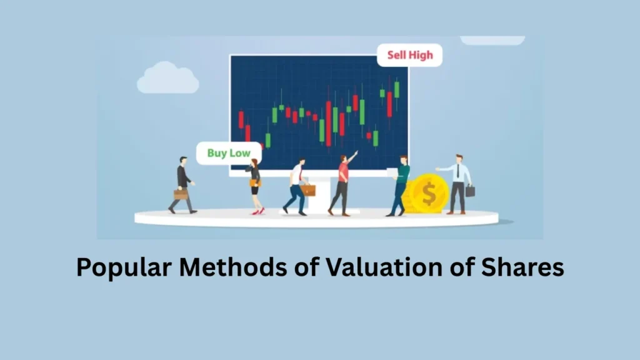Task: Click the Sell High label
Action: pos(409,55)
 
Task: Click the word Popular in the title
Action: pos(123,267)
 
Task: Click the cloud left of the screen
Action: pos(167,79)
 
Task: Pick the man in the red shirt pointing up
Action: pos(341,184)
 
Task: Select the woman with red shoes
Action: pos(255,185)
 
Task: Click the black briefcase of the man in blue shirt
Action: pos(470,191)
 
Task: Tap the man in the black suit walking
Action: pos(183,184)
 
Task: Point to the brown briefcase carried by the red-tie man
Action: pos(308,190)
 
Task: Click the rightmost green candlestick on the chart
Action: pos(396,89)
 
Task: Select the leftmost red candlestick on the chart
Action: pos(241,119)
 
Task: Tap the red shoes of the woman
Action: pos(257,212)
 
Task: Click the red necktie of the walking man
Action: pos(299,173)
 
